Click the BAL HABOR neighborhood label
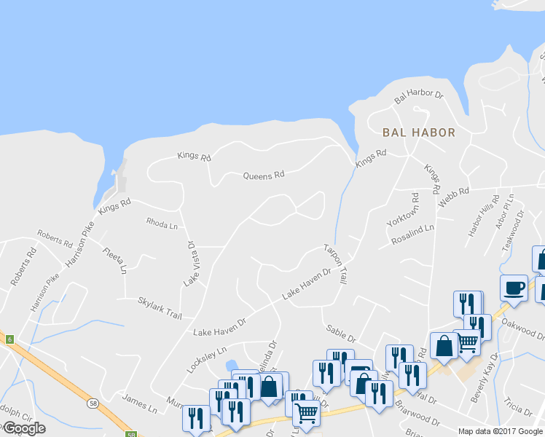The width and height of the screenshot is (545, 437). point(418,133)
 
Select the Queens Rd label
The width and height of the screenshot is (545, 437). point(263,176)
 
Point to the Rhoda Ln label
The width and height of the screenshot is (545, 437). point(162,224)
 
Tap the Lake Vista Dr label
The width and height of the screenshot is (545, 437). point(190,264)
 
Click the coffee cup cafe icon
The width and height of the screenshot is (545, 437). point(514,288)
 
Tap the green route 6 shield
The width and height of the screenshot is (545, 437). point(9,339)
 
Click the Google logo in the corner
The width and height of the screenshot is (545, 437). point(23,428)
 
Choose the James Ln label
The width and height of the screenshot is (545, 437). point(139,404)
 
